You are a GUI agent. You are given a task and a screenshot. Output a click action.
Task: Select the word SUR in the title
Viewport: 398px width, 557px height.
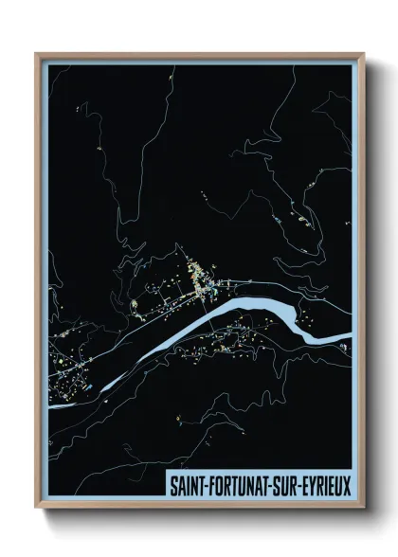(x=285, y=485)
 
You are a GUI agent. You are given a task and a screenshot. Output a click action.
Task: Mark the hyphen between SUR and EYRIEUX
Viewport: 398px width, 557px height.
(x=298, y=486)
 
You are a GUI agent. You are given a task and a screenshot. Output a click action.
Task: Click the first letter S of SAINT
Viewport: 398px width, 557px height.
(x=172, y=485)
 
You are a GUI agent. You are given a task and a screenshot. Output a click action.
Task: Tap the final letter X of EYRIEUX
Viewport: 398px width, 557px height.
(x=346, y=485)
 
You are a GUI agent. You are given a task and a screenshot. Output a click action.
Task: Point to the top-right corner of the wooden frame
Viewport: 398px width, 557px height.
(x=363, y=54)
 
